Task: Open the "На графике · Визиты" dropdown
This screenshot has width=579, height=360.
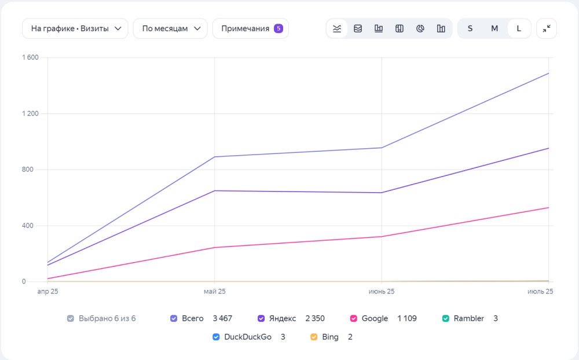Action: coord(75,28)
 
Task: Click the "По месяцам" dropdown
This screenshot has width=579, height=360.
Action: coord(170,28)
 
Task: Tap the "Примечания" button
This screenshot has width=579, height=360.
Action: coord(250,28)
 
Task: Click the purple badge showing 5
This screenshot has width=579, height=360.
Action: coord(278,28)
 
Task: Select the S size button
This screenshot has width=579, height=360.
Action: coord(470,28)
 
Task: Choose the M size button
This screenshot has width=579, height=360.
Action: coord(494,28)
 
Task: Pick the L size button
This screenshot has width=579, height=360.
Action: coord(519,28)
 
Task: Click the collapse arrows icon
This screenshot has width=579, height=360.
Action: coord(547,28)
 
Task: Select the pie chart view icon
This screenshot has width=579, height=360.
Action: coord(420,28)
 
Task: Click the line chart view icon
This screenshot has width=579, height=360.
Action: coord(337,28)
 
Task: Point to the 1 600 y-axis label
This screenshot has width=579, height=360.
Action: coord(30,57)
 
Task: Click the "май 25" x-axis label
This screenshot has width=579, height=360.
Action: coord(215,291)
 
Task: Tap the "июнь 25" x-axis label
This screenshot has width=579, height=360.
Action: coord(382,291)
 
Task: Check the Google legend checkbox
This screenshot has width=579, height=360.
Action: coord(353,318)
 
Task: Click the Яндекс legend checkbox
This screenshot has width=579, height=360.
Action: coord(261,318)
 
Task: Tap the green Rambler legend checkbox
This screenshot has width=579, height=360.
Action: coord(446,318)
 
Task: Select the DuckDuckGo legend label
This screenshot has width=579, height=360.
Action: coord(248,337)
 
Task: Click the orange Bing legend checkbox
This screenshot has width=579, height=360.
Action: coord(314,337)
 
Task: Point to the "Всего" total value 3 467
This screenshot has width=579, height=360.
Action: coord(222,318)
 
